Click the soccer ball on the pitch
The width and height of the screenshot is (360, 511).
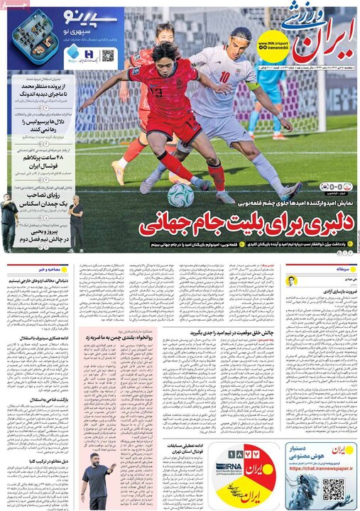pyautogui.click(x=180, y=194)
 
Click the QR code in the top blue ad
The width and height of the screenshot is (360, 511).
pyautogui.click(x=108, y=55)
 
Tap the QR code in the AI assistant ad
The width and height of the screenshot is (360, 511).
pyautogui.click(x=332, y=490)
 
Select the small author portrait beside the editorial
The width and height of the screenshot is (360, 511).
pyautogui.click(x=290, y=280)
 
